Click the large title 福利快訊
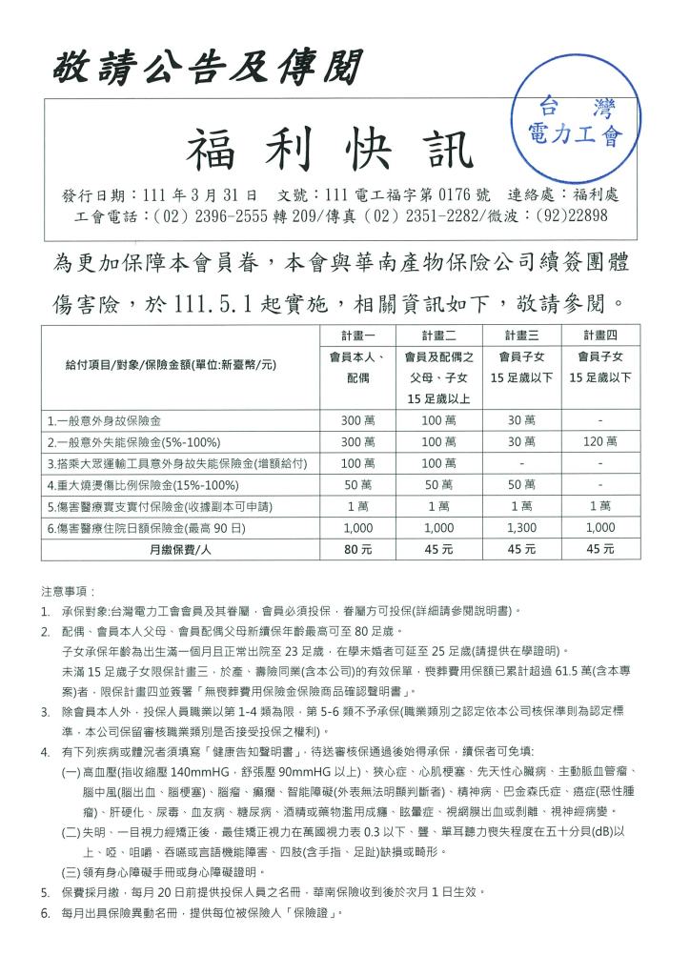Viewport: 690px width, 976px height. [x=329, y=151]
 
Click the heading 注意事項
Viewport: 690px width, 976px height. [x=68, y=591]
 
